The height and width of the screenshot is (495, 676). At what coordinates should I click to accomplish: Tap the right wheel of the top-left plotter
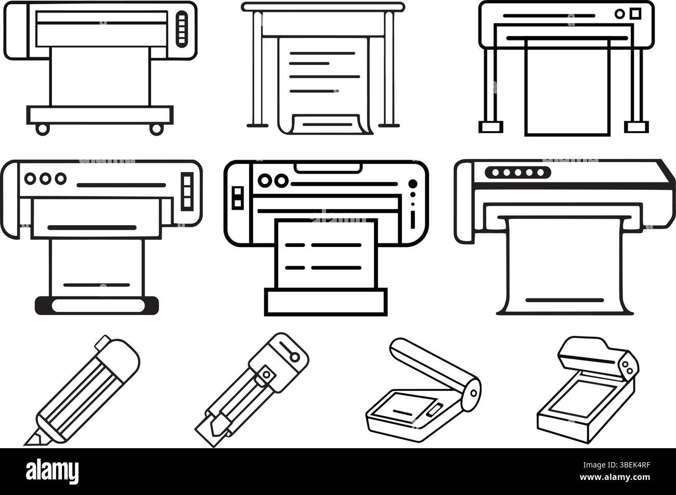pos(155,129)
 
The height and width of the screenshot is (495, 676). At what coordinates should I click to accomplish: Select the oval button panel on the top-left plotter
pos(181,29)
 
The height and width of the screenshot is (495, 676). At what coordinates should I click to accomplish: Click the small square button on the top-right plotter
pos(635,13)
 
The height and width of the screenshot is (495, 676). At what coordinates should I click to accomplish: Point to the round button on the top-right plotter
pos(619,14)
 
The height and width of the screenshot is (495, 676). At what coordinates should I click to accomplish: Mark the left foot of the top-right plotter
pos(490,127)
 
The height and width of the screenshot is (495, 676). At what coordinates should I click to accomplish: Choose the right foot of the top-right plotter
pos(637,127)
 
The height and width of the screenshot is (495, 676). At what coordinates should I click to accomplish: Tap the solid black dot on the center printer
pos(413,184)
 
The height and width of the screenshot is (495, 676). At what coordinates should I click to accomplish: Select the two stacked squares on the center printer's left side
pos(237,197)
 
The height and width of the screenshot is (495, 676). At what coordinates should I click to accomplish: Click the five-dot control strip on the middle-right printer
pos(517,173)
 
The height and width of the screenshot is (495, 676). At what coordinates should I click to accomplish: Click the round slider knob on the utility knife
pos(295,357)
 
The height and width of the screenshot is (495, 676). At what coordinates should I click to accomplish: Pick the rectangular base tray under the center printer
pos(326,302)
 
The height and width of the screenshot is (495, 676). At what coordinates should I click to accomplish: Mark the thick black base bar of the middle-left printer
pos(96,305)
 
